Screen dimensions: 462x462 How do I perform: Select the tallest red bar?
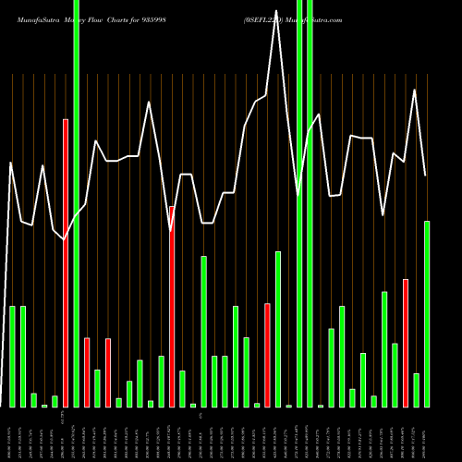click(66, 262)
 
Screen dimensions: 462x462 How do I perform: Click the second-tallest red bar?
click(172, 306)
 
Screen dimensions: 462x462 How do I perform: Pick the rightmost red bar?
click(406, 342)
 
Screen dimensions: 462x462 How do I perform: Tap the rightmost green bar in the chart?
click(427, 313)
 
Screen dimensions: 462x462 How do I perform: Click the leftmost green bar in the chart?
click(13, 356)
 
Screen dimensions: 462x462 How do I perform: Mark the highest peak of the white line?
click(277, 34)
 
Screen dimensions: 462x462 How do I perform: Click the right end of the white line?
click(426, 176)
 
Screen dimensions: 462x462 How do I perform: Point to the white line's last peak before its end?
click(415, 90)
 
